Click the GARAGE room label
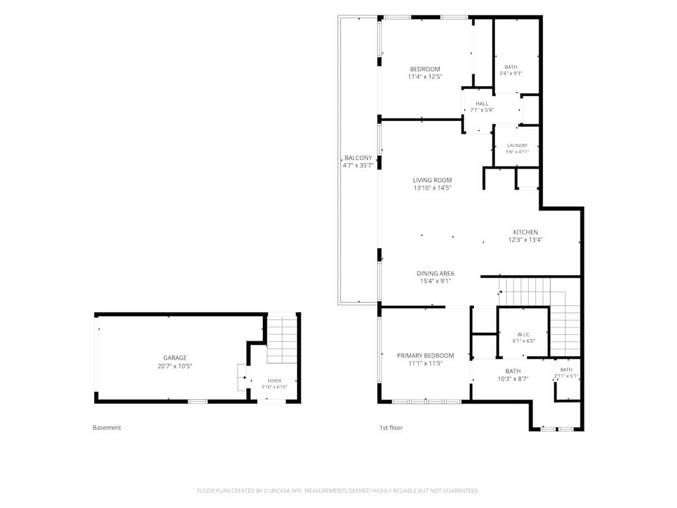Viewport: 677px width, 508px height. point(174,358)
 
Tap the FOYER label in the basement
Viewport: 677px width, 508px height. point(274,381)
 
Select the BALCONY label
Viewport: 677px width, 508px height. point(358,158)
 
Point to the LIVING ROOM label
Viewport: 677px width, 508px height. point(432,180)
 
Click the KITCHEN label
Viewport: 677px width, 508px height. point(525,232)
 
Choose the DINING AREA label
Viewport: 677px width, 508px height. point(435,273)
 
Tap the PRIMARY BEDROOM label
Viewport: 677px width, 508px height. point(425,356)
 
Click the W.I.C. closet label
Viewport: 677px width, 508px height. point(524,335)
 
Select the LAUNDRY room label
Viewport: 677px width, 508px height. point(517,145)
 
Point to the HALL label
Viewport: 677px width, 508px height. point(482,104)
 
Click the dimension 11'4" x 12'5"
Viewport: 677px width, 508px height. point(425,77)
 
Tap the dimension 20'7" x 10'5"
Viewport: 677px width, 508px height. point(174,366)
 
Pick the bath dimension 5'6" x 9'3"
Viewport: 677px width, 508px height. point(511,73)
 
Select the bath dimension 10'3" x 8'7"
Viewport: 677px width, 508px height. point(513,379)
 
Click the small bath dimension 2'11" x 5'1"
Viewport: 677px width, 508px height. point(566,376)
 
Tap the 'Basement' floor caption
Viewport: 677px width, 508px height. point(107,427)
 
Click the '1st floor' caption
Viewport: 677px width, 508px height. point(391,427)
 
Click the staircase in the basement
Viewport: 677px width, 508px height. point(282,338)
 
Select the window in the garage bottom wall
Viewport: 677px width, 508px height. point(197,401)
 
